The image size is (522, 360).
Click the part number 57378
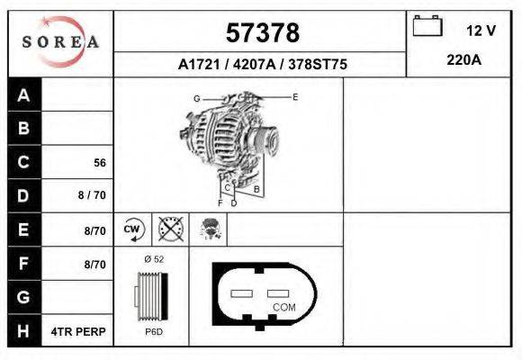coord(261,33)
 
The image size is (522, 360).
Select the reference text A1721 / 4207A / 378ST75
coord(262,65)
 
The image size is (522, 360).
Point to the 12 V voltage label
coord(481,31)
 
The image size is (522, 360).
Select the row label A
coord(24,95)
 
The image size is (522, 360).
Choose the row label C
coord(24,163)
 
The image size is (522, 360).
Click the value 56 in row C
coord(100,164)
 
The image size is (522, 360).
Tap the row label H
coord(24,331)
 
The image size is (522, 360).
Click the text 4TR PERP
coord(80,331)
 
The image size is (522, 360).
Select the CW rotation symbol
coord(133,229)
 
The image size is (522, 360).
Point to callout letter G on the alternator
coord(196,98)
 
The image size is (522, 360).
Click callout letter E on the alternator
coord(295,96)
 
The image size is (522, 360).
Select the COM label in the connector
coord(283,307)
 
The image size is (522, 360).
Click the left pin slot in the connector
coord(243,293)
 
